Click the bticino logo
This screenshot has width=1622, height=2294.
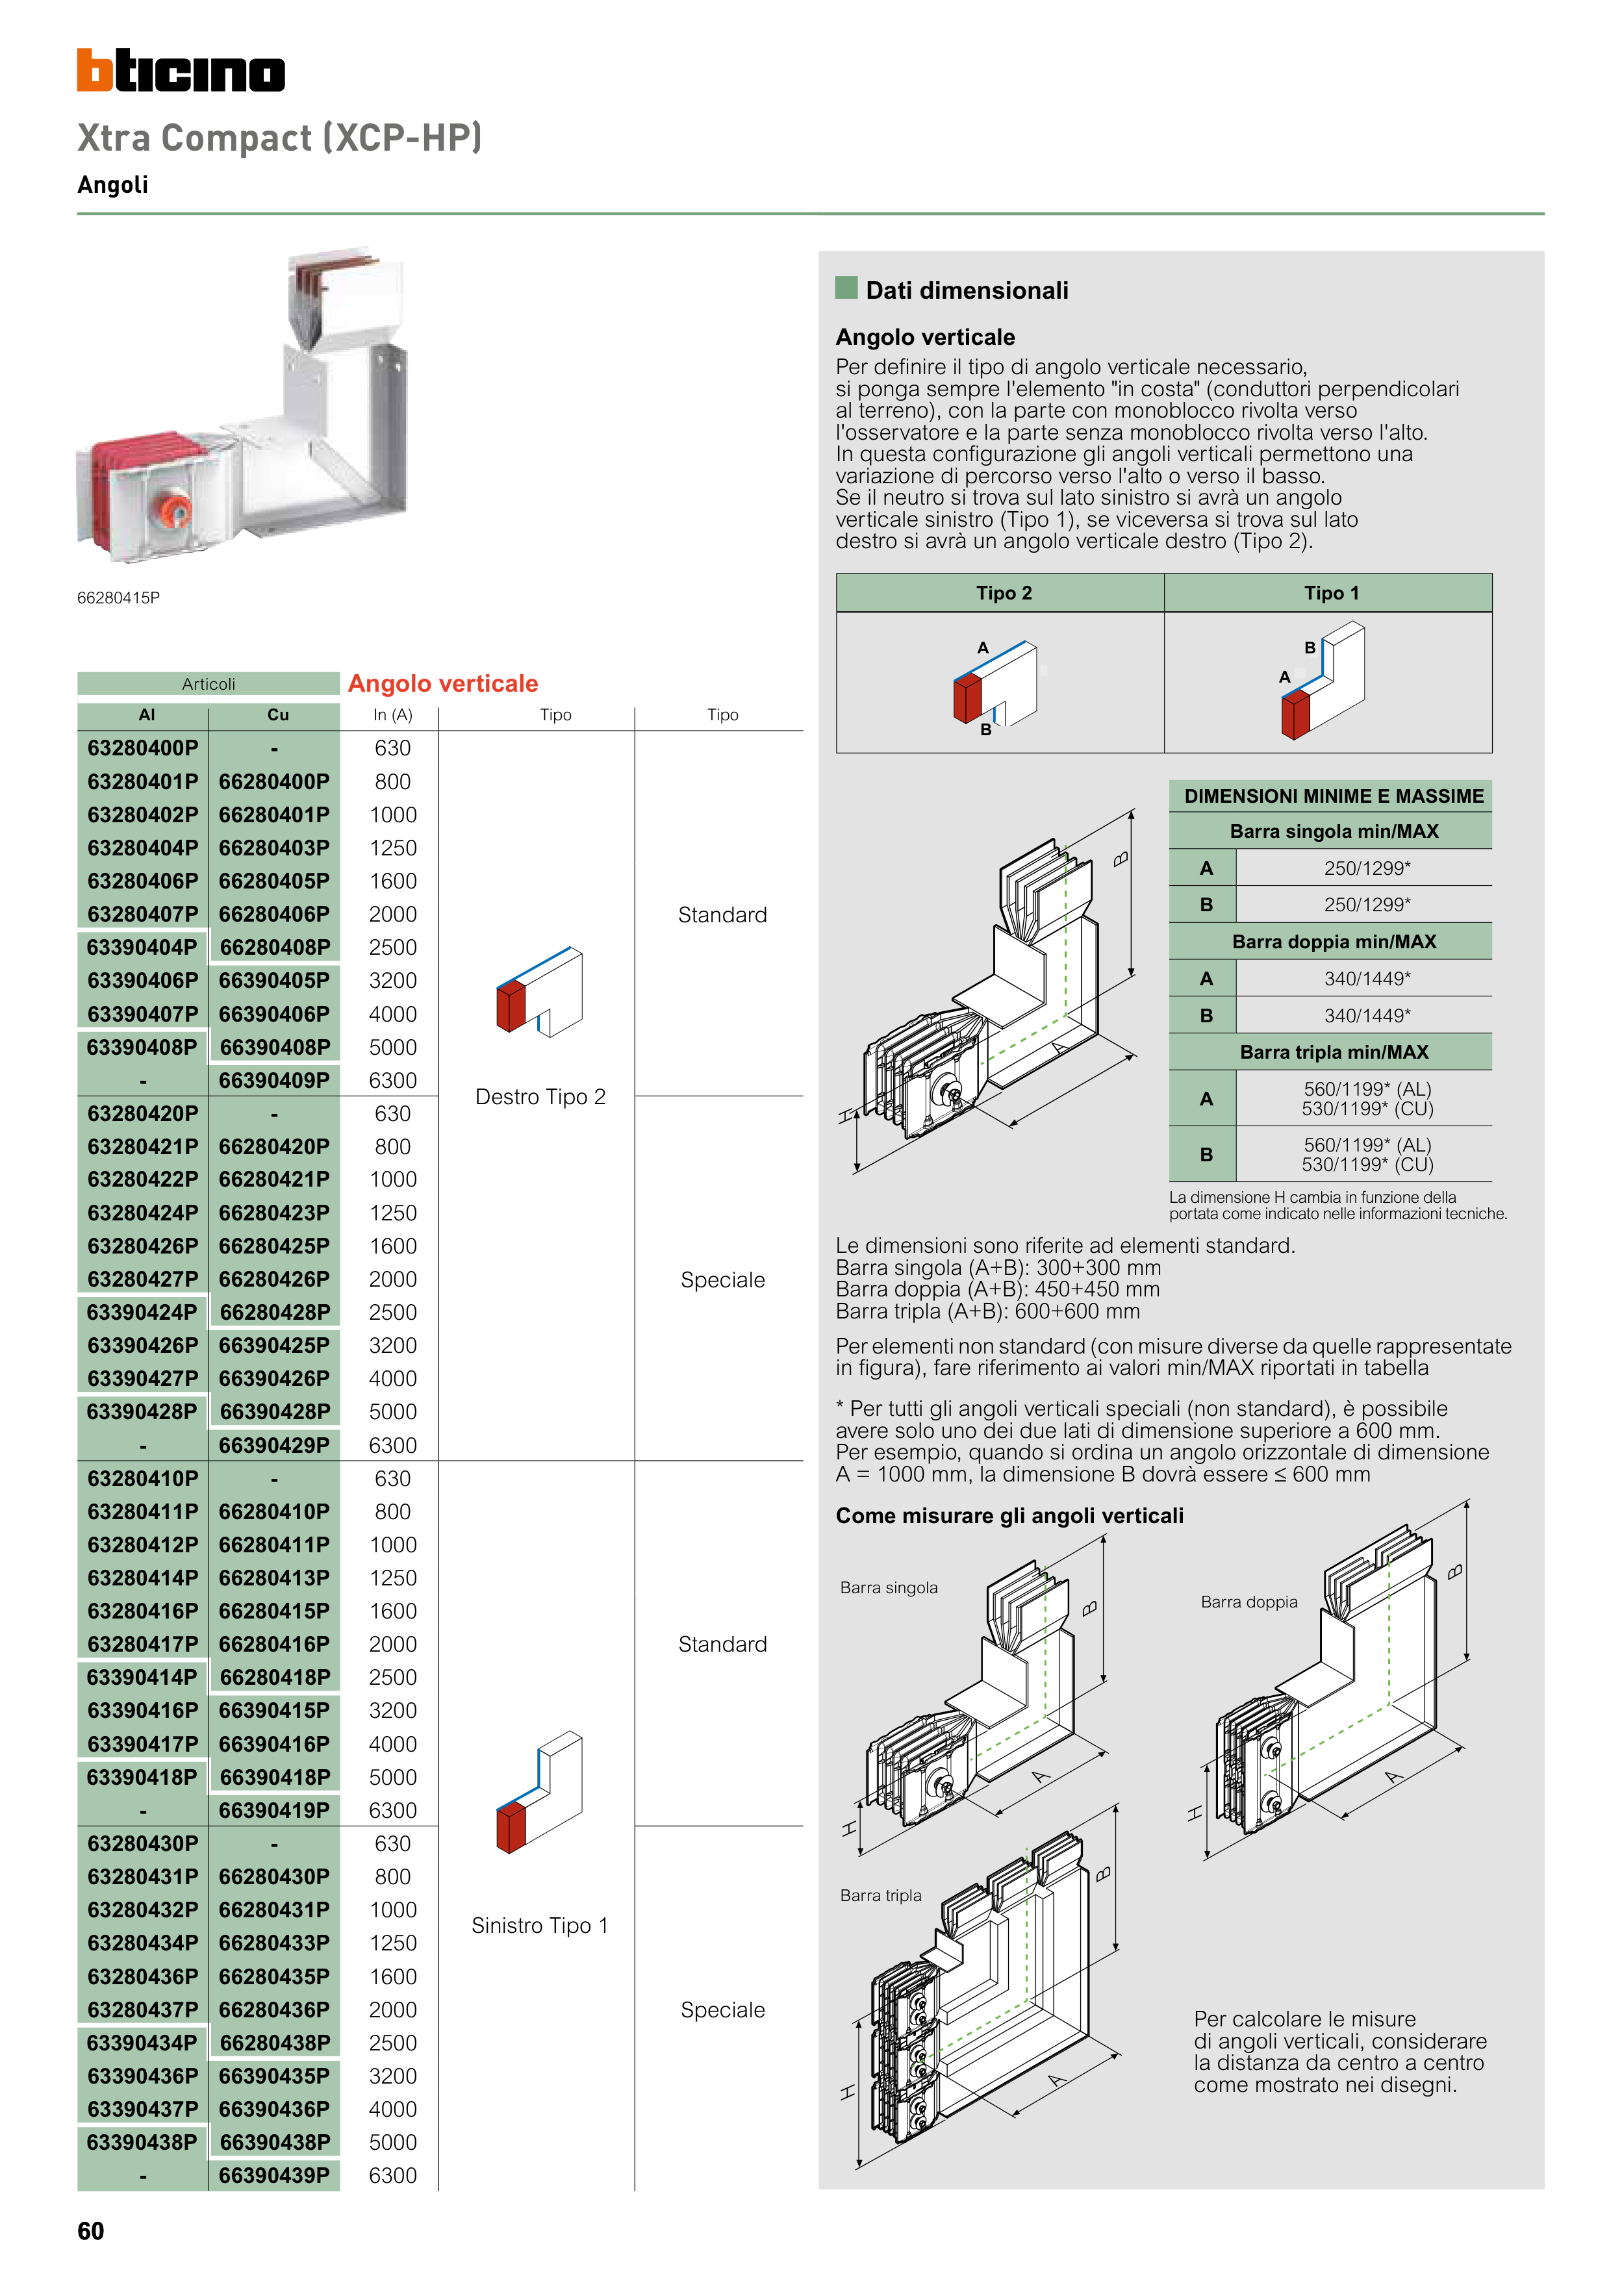pyautogui.click(x=181, y=70)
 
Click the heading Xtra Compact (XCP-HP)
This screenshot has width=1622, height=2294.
pyautogui.click(x=280, y=138)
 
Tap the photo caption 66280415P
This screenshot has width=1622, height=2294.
pyautogui.click(x=118, y=598)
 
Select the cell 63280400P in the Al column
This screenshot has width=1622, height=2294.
pyautogui.click(x=143, y=748)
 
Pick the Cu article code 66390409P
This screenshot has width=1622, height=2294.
pyautogui.click(x=274, y=1080)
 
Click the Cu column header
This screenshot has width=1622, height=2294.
pyautogui.click(x=278, y=715)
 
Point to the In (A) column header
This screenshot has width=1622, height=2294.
pyautogui.click(x=393, y=715)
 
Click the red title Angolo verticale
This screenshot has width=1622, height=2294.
pyautogui.click(x=443, y=683)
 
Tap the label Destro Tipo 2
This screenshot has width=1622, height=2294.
pyautogui.click(x=540, y=1097)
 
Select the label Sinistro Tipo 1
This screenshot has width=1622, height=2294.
pyautogui.click(x=540, y=1925)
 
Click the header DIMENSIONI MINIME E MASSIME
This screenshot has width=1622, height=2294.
pyautogui.click(x=1333, y=796)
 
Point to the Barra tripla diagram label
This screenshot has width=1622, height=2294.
pyautogui.click(x=880, y=1895)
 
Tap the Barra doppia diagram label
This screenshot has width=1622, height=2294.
pyautogui.click(x=1248, y=1602)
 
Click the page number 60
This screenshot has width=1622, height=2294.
pyautogui.click(x=91, y=2231)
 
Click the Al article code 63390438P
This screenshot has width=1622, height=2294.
pyautogui.click(x=143, y=2142)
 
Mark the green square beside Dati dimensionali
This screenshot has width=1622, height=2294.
pyautogui.click(x=846, y=289)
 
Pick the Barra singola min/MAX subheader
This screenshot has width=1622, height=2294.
pyautogui.click(x=1333, y=831)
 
